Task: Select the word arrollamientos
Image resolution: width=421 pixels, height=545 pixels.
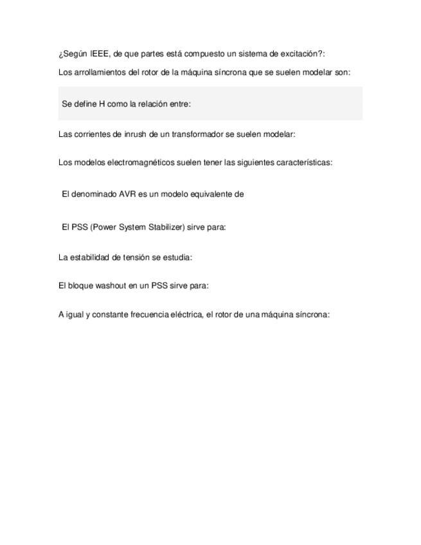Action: click(98, 73)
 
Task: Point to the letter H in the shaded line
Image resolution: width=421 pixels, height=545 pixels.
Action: click(102, 103)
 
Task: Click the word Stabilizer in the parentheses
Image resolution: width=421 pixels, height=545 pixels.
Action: click(170, 227)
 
